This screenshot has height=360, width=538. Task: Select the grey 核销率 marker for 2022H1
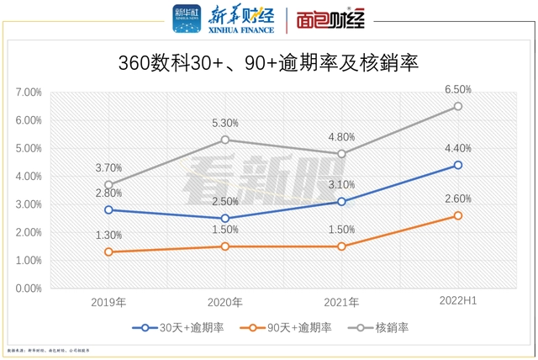coord(458,106)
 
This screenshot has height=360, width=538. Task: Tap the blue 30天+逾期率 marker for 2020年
coord(225,218)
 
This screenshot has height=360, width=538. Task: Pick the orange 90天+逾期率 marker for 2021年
coord(341,246)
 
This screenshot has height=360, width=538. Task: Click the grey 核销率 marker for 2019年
coord(109,184)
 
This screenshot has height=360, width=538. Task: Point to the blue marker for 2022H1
coord(458,165)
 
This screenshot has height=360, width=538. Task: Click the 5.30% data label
coord(225,123)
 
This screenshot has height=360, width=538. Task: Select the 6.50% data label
coord(458,89)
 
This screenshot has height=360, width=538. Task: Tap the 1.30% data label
coord(109,236)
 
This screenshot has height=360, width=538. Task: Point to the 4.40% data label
coord(458,148)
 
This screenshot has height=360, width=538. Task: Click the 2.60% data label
coord(458,199)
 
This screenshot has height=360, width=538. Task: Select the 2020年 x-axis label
coord(225,302)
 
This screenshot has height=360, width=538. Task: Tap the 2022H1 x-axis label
coord(458,302)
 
